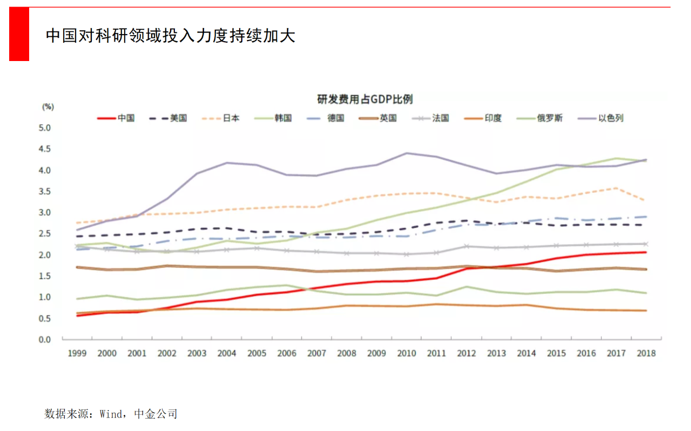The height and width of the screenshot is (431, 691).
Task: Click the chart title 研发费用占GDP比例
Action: coord(365,99)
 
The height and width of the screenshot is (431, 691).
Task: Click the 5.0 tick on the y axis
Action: coord(44,128)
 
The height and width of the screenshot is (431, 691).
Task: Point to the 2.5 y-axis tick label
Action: coord(44,234)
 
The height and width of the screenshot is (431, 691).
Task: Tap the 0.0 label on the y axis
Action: coord(44,340)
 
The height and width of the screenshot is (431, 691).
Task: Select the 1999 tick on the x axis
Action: coord(77,353)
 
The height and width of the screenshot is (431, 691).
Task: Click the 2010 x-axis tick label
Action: coord(407,353)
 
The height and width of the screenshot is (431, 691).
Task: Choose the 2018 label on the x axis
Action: coord(646,353)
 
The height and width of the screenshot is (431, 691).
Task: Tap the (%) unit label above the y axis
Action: coord(48,106)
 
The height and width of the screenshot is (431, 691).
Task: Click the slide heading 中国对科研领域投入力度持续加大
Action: coord(171,36)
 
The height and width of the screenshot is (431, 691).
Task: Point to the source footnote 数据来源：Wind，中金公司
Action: coord(111,414)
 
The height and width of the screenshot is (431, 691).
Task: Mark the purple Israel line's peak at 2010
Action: coord(407,153)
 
